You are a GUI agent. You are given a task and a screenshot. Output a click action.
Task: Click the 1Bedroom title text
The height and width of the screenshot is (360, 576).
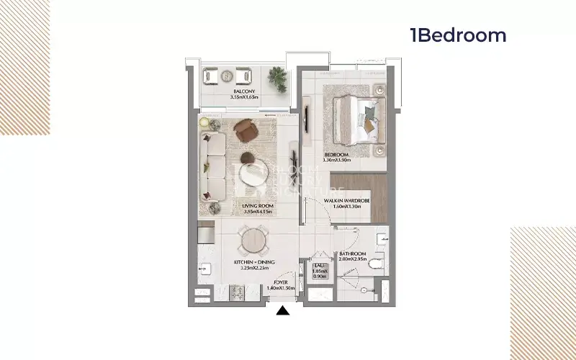pyautogui.click(x=458, y=35)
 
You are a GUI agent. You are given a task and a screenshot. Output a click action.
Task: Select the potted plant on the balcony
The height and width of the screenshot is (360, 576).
pyautogui.click(x=277, y=74)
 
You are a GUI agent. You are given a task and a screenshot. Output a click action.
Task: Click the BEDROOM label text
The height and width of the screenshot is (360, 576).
pyautogui.click(x=336, y=155)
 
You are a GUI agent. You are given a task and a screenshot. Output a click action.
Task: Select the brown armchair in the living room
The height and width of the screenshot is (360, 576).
pyautogui.click(x=246, y=130)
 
